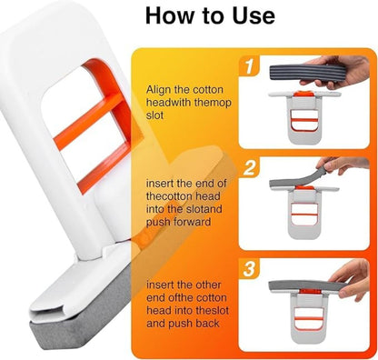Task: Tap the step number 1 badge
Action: [x=248, y=67]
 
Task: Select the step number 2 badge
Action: [x=248, y=167]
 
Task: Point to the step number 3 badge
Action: [x=248, y=268]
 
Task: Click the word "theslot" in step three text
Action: [x=197, y=308]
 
